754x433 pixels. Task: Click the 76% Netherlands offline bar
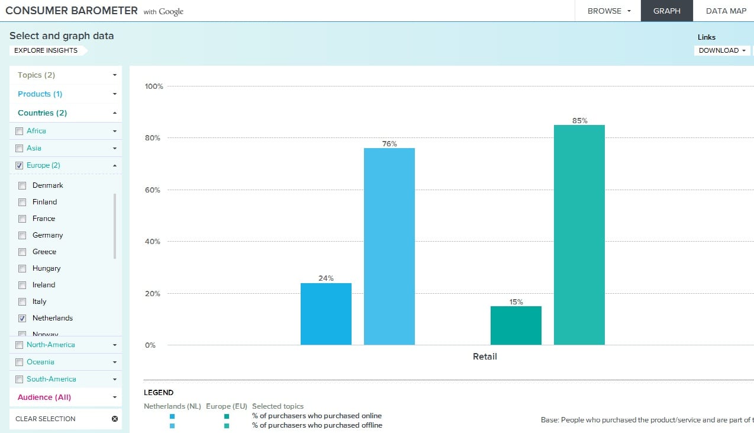[389, 246]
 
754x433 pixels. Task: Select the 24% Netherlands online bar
[326, 314]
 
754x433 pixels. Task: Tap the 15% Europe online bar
[515, 325]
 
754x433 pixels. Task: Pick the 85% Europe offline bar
[579, 235]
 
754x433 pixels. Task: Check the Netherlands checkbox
[22, 318]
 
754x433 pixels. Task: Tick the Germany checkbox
[22, 235]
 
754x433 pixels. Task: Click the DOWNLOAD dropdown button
[721, 50]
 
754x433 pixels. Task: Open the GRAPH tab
[666, 11]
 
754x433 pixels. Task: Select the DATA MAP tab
[726, 11]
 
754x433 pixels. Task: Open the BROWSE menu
[609, 11]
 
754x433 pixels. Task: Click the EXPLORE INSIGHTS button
[46, 50]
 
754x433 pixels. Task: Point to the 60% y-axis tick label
[152, 190]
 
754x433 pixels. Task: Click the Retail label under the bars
[485, 357]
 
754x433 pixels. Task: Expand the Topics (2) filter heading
[65, 75]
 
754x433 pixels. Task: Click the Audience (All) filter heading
[65, 397]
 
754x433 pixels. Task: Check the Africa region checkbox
[19, 131]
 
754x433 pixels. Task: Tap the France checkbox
[22, 219]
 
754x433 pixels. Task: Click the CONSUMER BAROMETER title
[71, 11]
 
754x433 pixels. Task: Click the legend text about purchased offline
[317, 425]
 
